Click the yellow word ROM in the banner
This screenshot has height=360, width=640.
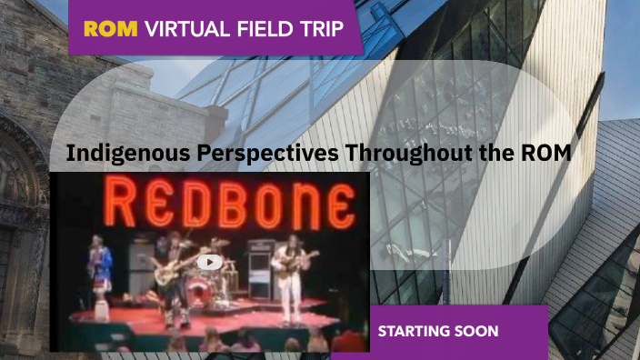[x=111, y=29]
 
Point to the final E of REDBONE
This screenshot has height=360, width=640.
[x=339, y=207]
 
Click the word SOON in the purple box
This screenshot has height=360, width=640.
[x=478, y=331]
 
